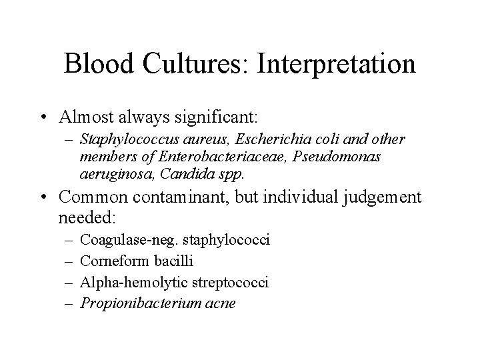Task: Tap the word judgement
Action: coord(382,197)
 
